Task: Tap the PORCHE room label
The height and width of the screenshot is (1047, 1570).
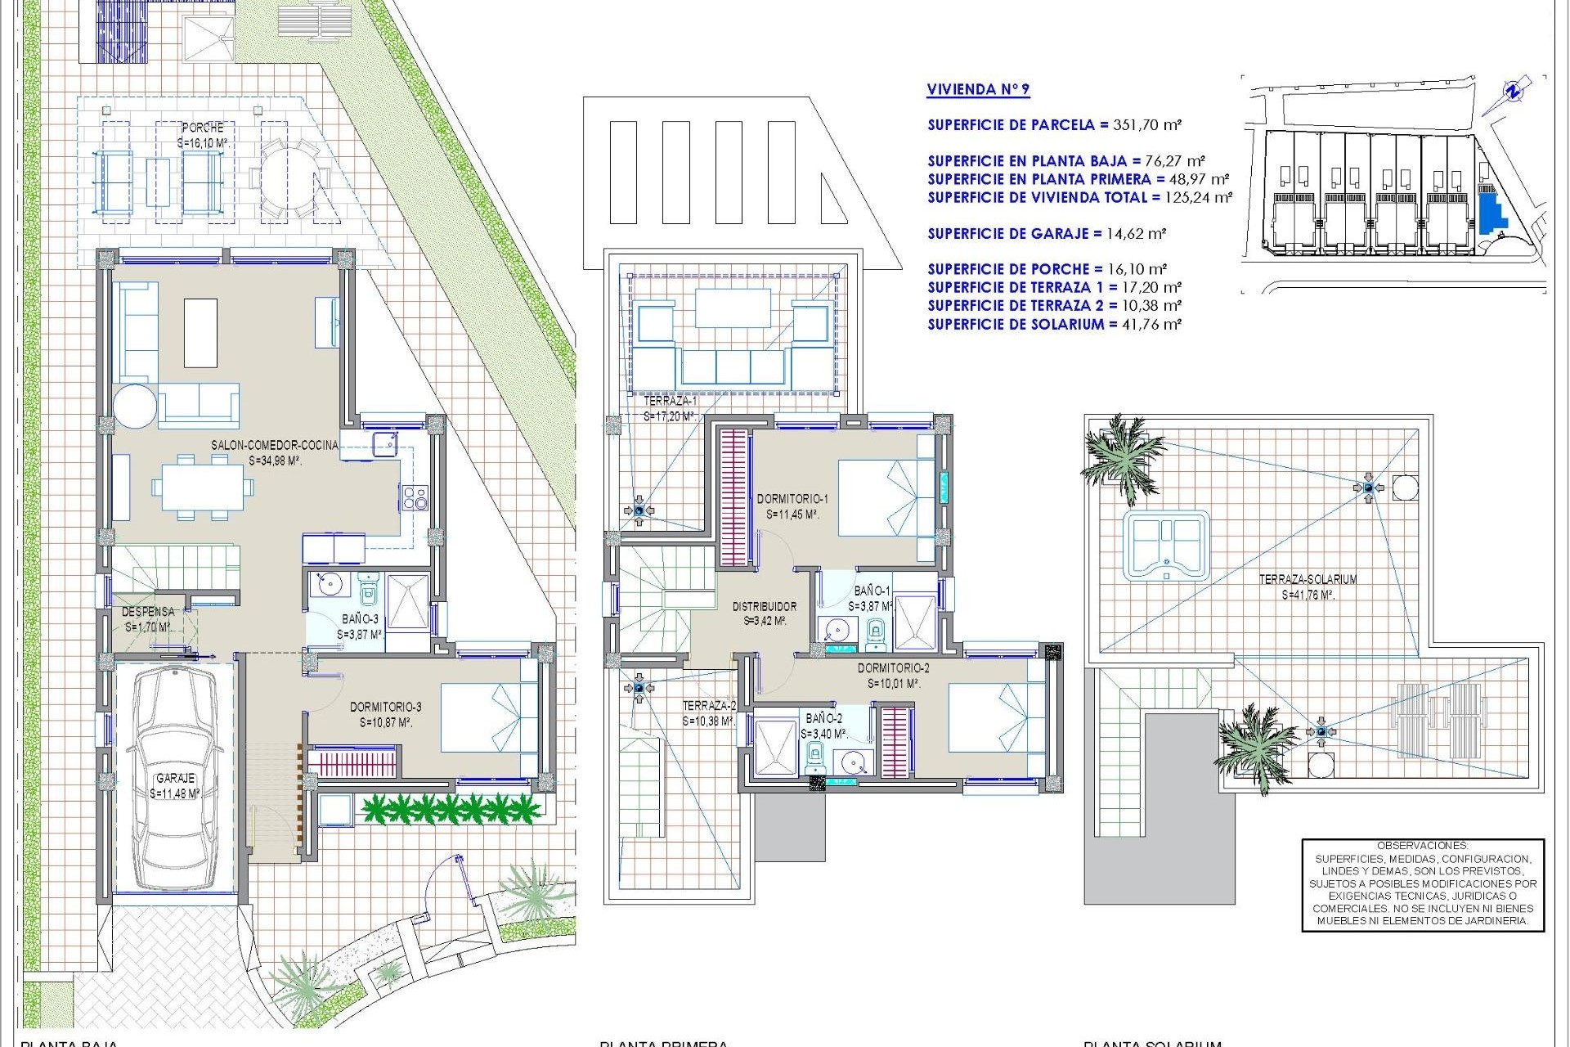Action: coord(203,128)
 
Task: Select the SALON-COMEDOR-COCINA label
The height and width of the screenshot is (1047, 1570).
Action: coord(275,446)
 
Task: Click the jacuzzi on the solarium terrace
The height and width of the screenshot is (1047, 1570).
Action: coord(1165,546)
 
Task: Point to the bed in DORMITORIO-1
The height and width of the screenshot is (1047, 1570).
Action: coord(886,498)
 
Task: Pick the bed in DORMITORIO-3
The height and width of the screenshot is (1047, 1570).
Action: coord(488,717)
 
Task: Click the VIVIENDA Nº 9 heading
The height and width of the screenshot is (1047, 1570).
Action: coord(978,90)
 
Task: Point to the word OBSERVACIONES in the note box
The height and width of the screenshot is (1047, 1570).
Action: coord(1422,846)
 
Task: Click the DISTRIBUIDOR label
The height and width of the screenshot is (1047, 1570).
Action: coord(764,607)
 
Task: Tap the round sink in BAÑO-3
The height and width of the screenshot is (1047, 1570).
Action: coord(330,585)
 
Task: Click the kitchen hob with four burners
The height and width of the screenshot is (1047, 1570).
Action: coord(414,497)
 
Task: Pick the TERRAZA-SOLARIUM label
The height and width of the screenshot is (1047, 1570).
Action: coord(1308,579)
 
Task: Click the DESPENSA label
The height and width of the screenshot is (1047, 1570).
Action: coord(148,612)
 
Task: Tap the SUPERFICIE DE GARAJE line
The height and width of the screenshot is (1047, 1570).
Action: coord(1046,234)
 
